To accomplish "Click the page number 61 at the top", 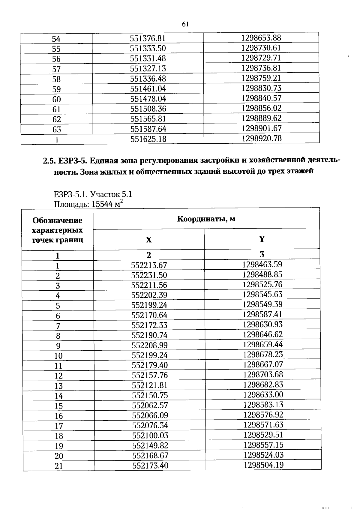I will pyautogui.click(x=185, y=24).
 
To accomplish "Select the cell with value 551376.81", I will pyautogui.click(x=148, y=38).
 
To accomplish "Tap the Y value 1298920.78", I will pyautogui.click(x=262, y=138).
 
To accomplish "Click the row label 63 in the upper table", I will pyautogui.click(x=57, y=129).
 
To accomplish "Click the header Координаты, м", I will pyautogui.click(x=206, y=219).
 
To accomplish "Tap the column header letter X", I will pyautogui.click(x=149, y=240).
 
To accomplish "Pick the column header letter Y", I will pyautogui.click(x=262, y=239).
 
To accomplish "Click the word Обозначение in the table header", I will pyautogui.click(x=57, y=220).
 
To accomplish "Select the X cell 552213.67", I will pyautogui.click(x=149, y=265).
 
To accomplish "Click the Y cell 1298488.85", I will pyautogui.click(x=262, y=274).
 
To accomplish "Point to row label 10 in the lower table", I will pyautogui.click(x=58, y=356).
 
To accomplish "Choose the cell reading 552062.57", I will pyautogui.click(x=150, y=406).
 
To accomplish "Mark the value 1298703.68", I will pyautogui.click(x=263, y=374).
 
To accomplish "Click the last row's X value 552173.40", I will pyautogui.click(x=150, y=466).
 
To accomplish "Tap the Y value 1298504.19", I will pyautogui.click(x=263, y=465).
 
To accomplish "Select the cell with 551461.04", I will pyautogui.click(x=148, y=88).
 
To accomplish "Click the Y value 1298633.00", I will pyautogui.click(x=263, y=394).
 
